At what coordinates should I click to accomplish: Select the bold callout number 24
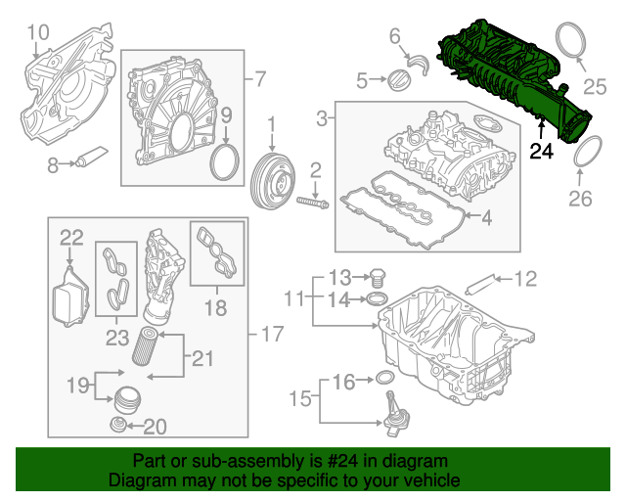tap(542, 151)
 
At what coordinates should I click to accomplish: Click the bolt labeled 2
tap(311, 204)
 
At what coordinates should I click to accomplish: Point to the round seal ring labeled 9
tap(226, 162)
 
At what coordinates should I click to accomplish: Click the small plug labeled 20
tap(117, 426)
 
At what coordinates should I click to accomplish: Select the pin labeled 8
tap(94, 157)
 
